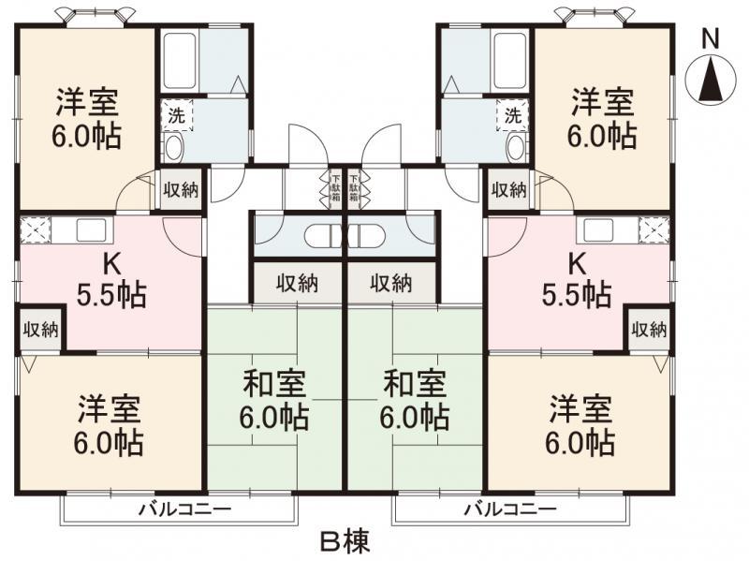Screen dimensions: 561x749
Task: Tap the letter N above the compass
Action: click(x=711, y=38)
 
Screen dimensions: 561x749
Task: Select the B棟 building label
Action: click(x=347, y=540)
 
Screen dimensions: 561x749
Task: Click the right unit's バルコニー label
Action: click(x=510, y=510)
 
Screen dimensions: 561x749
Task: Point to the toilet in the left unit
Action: click(x=173, y=146)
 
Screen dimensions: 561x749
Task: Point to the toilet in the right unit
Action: click(x=516, y=146)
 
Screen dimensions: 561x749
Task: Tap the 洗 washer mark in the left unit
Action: click(x=176, y=116)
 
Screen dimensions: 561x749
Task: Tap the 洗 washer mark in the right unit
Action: click(x=512, y=116)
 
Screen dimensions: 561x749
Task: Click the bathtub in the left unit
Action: click(x=179, y=60)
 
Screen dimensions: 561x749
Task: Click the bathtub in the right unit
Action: click(x=510, y=60)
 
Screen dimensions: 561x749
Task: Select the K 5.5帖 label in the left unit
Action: click(x=110, y=280)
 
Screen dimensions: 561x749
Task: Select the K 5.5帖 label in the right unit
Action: click(x=577, y=280)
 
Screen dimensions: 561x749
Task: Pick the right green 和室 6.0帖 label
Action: click(x=415, y=399)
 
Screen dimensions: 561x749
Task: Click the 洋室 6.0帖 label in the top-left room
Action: click(x=85, y=117)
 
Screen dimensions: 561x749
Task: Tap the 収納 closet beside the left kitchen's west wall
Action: click(x=41, y=329)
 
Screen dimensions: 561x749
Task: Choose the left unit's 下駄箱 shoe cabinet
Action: click(x=335, y=188)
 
